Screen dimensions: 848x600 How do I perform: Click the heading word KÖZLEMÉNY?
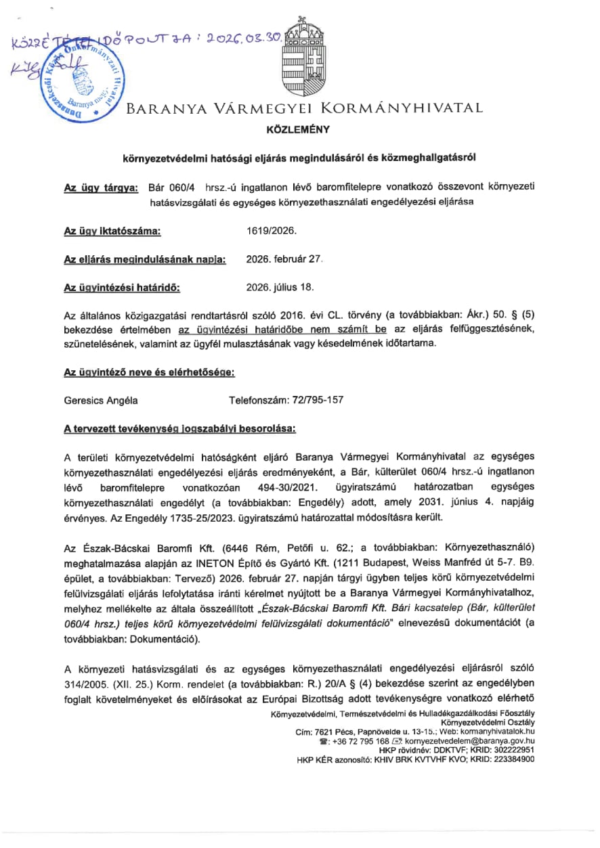point(299,129)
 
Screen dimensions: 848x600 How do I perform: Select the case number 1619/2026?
point(272,231)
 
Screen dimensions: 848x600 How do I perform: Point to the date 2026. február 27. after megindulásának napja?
point(284,259)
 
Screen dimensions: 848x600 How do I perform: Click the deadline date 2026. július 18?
point(280,287)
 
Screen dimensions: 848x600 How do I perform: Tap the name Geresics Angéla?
point(101,400)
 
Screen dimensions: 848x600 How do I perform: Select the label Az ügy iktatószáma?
point(112,231)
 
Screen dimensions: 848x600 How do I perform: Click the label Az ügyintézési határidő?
point(122,287)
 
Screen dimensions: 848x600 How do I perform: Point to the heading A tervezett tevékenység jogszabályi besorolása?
point(179,428)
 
